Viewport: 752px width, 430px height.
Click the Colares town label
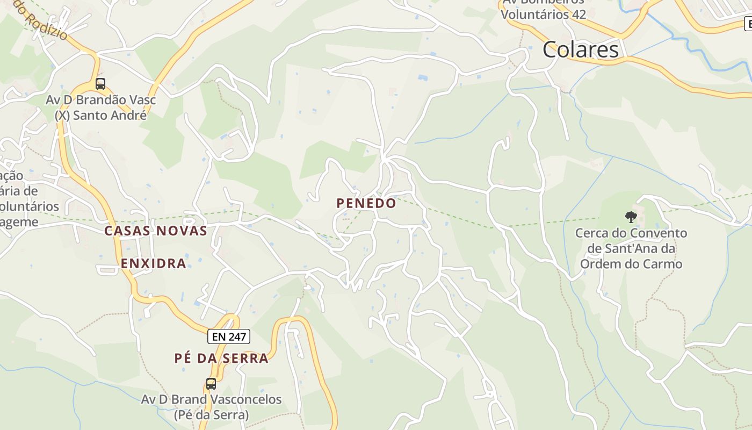click(x=580, y=49)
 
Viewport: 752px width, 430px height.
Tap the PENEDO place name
click(x=366, y=203)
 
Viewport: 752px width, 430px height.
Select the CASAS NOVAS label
click(x=156, y=231)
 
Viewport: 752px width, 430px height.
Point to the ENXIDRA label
click(x=154, y=263)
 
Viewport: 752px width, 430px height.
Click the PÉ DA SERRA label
click(x=221, y=359)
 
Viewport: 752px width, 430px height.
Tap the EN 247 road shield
click(x=229, y=337)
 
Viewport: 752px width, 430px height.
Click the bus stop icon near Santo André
click(x=100, y=84)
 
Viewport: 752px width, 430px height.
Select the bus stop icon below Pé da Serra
click(x=211, y=384)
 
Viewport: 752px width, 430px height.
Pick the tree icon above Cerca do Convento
click(x=631, y=217)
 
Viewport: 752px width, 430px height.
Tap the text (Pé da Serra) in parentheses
click(x=211, y=415)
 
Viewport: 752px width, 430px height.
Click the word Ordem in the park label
click(x=601, y=264)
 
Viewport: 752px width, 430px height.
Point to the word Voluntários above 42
click(x=534, y=15)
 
